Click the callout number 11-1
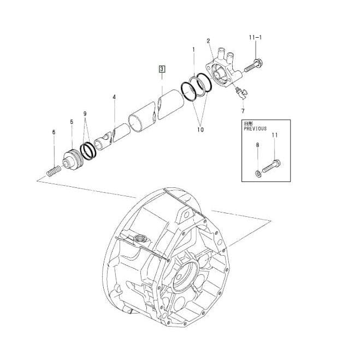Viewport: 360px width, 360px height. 255,37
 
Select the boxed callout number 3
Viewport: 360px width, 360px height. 162,69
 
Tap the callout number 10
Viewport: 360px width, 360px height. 200,129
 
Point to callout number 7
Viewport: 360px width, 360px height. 243,111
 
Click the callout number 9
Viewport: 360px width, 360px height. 85,114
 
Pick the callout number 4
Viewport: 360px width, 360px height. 114,97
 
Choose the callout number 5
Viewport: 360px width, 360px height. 72,122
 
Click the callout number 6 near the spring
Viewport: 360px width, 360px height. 54,132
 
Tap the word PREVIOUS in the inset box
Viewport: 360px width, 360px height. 255,128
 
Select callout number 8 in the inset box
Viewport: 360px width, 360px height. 257,145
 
